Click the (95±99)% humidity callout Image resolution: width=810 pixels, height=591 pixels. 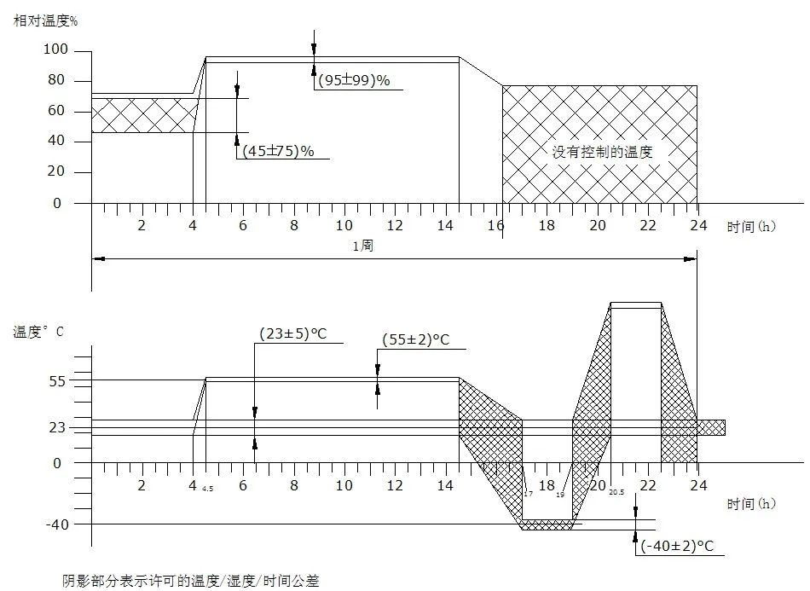click(353, 81)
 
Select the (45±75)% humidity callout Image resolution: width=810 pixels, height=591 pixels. click(279, 151)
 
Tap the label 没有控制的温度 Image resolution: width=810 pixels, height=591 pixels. click(602, 152)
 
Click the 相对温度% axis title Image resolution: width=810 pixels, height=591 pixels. click(45, 20)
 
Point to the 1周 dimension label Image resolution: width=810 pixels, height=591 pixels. click(362, 246)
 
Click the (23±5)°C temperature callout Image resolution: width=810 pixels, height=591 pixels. click(293, 333)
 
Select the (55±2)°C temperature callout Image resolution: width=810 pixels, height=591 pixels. click(415, 339)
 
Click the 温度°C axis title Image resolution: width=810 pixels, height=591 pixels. click(38, 332)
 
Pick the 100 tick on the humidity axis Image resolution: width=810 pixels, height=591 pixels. click(55, 50)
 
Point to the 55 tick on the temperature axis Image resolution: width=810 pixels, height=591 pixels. click(56, 380)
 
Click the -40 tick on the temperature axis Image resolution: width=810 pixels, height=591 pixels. click(53, 524)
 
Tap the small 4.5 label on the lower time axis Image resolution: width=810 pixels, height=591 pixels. click(207, 490)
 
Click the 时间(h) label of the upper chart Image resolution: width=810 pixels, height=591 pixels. click(751, 227)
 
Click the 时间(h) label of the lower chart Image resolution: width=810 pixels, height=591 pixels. click(751, 503)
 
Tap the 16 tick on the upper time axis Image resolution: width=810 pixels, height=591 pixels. click(496, 225)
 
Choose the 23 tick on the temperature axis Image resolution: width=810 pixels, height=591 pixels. click(56, 427)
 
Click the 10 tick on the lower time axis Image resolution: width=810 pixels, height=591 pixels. click(344, 485)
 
